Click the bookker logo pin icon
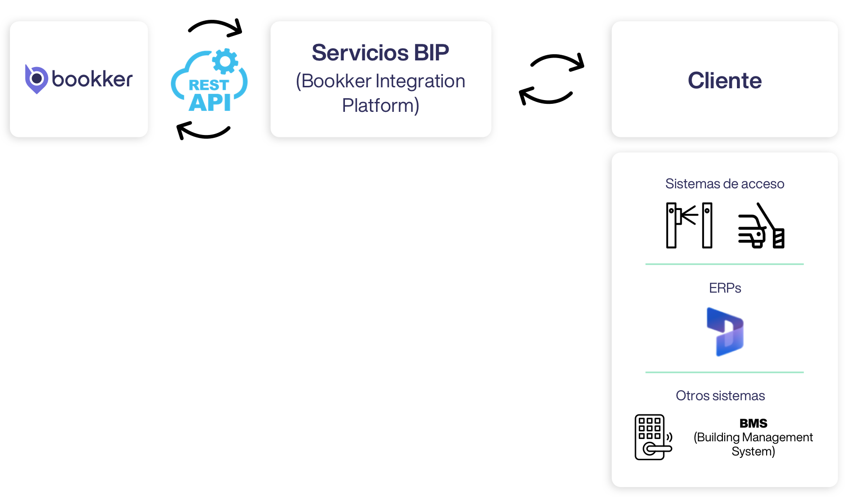coord(36,79)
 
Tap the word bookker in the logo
coord(92,79)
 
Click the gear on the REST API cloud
coord(225,61)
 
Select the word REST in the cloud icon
coord(209,85)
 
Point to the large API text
coord(210,102)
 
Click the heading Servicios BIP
coord(380,52)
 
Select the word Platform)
coord(380,106)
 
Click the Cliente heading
coord(724,80)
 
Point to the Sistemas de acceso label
coord(724,184)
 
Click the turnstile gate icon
coord(689,225)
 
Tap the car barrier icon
coord(761,226)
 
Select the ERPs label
coord(725,288)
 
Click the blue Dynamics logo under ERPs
coord(725,331)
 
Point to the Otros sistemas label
coord(720,396)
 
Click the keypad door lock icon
coord(653,437)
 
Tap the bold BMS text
coord(753,423)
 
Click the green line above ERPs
coord(724,264)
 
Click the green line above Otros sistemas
coord(724,372)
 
